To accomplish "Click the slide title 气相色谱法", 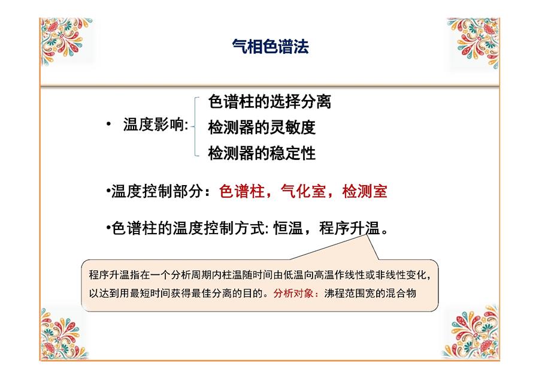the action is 270,46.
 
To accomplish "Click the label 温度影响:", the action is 156,125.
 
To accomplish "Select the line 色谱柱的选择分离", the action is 269,102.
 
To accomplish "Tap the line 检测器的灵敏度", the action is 262,127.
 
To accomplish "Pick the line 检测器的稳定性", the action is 262,153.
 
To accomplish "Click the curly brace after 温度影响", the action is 196,126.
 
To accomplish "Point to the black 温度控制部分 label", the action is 157,191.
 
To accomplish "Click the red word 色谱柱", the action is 242,191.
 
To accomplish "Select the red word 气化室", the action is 303,191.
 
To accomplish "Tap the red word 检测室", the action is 365,191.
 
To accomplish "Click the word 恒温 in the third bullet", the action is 288,228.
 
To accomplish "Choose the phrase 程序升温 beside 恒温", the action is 349,228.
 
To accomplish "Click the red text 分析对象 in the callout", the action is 293,294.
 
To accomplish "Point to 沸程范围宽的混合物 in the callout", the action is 370,294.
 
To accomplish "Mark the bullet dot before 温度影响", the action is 108,124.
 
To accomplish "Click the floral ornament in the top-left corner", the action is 66,41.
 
